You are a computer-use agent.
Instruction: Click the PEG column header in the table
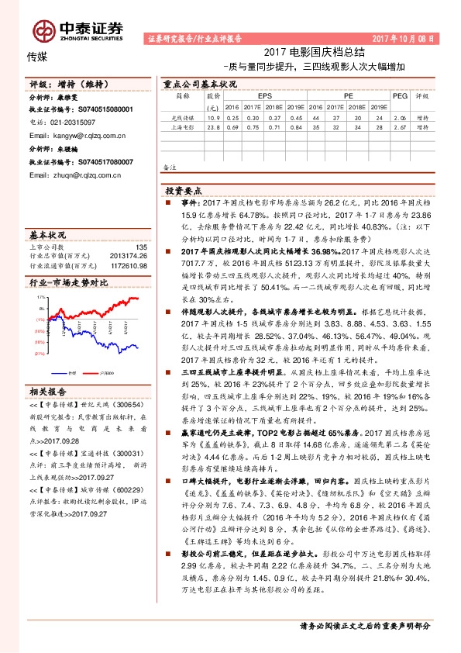coord(400,96)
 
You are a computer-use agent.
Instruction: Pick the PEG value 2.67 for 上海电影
coord(400,126)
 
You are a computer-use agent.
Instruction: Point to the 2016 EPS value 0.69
coord(232,126)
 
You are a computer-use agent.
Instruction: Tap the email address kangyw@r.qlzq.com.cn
coord(77,135)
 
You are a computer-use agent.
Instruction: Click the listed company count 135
coord(141,247)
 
